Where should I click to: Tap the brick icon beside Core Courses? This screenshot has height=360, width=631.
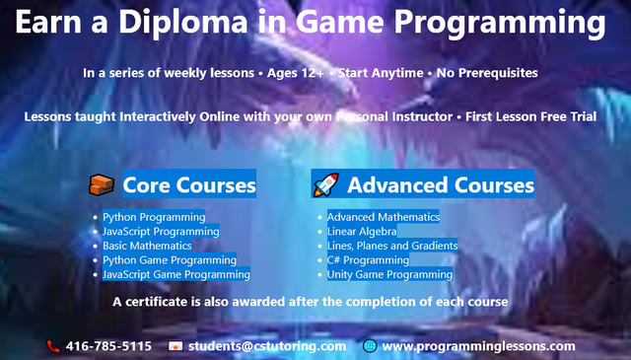(x=102, y=184)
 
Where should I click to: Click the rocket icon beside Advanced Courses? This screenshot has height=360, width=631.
(x=325, y=184)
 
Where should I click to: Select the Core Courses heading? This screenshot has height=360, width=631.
(x=189, y=184)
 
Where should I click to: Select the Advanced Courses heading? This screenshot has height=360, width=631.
(x=440, y=184)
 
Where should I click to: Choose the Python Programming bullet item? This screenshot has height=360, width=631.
(x=154, y=217)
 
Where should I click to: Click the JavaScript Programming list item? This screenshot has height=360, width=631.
(x=161, y=232)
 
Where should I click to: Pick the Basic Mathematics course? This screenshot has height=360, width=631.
(x=147, y=246)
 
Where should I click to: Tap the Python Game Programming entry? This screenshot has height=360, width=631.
(x=170, y=260)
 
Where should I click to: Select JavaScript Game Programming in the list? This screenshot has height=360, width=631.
(x=176, y=275)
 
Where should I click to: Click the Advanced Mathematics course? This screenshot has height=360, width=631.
(x=383, y=217)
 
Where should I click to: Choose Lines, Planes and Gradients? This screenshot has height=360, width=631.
(x=392, y=246)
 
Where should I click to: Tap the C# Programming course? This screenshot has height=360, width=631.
(x=368, y=260)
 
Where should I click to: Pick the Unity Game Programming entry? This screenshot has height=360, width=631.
(x=389, y=275)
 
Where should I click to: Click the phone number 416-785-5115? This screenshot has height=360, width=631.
(x=108, y=346)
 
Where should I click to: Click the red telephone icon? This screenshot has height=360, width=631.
(x=53, y=346)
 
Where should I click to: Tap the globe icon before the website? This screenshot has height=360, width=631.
(x=370, y=346)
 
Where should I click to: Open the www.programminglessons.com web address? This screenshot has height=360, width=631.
(x=478, y=346)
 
